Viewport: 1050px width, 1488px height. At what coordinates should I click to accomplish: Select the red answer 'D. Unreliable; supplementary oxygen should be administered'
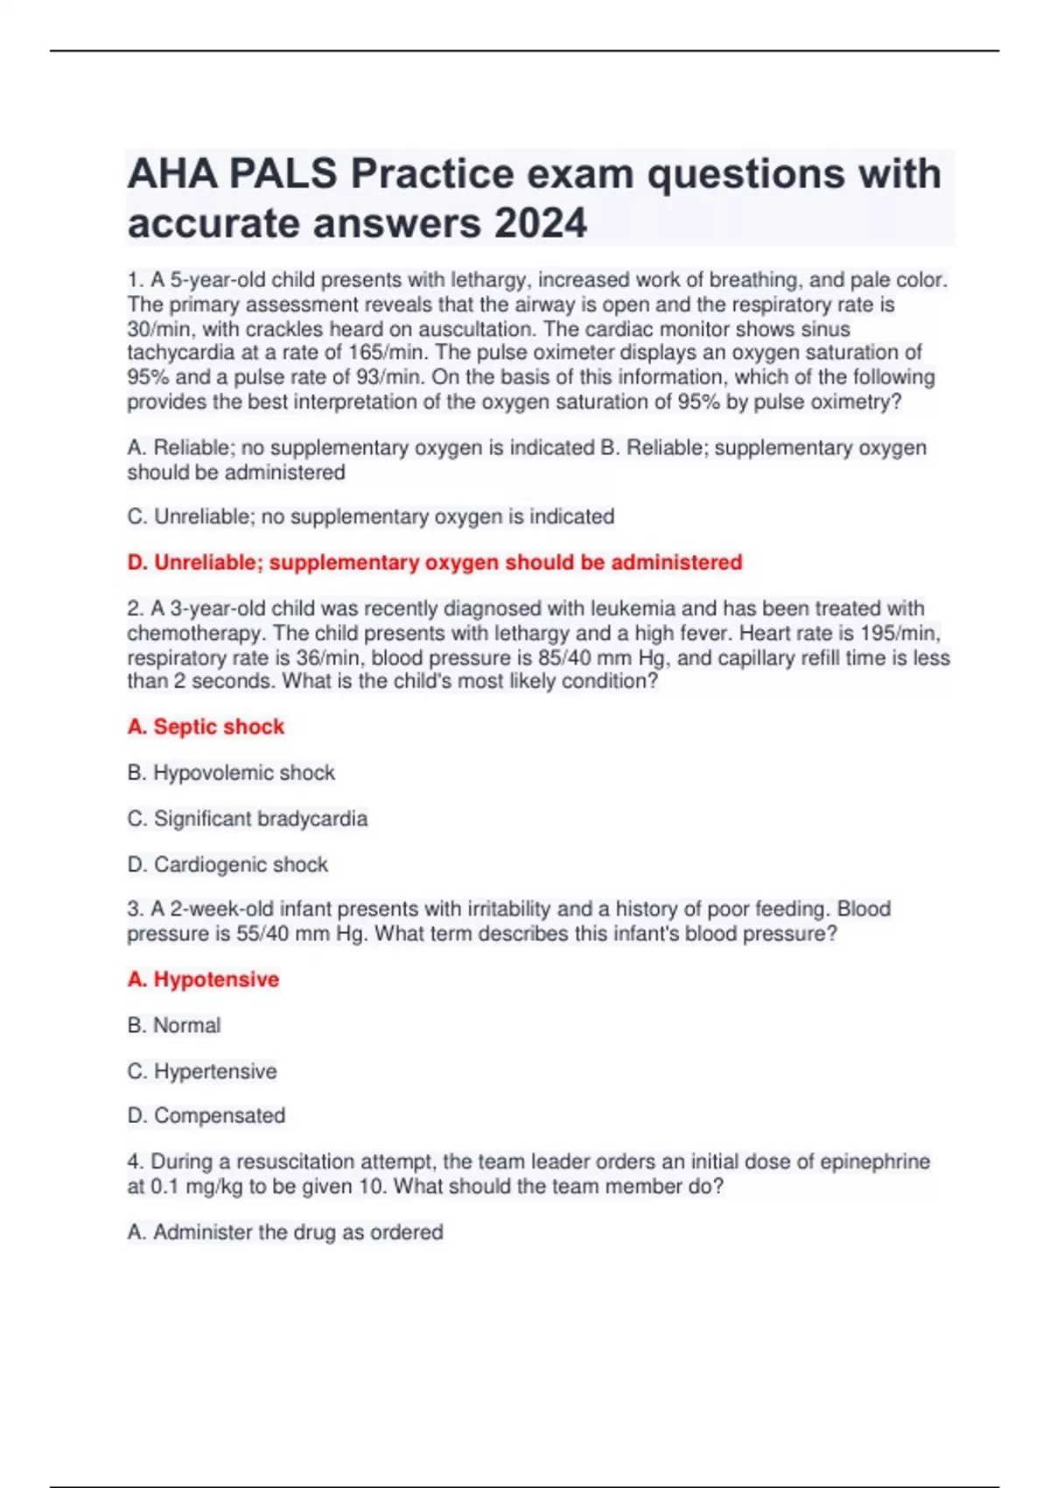[434, 562]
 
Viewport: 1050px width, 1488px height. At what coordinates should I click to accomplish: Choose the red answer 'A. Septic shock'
[206, 726]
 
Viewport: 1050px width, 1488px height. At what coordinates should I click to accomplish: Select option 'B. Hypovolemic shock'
[231, 773]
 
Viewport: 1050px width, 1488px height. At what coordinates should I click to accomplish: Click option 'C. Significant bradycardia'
[247, 818]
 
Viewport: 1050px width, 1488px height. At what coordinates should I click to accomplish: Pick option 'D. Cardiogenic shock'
[227, 865]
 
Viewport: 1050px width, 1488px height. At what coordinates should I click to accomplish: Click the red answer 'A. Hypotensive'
[203, 979]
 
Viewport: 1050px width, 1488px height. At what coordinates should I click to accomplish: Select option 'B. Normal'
[173, 1025]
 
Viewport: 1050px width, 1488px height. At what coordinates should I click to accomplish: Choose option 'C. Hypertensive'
[201, 1071]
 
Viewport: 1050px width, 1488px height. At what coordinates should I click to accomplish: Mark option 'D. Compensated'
[206, 1116]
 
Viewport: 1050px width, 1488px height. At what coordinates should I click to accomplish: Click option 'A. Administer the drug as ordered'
[284, 1232]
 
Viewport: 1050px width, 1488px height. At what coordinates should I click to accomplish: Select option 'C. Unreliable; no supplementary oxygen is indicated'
[370, 516]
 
